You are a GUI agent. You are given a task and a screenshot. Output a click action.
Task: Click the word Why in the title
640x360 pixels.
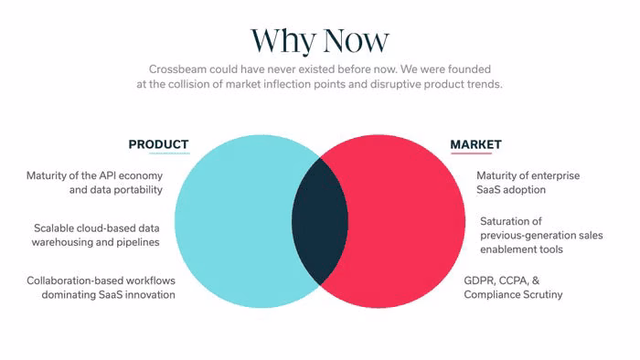283,41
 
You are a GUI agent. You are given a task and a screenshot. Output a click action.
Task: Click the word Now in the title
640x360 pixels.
356,40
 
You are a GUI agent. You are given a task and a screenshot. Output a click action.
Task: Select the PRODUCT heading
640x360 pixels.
158,144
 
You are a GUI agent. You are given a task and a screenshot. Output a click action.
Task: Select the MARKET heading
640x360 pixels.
476,144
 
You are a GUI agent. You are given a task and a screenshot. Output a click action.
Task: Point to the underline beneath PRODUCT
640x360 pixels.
169,154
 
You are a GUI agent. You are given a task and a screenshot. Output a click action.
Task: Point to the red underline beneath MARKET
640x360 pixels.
471,154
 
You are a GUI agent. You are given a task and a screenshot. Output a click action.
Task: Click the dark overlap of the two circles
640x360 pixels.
320,221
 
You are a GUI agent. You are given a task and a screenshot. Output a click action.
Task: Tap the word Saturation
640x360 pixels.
506,221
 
